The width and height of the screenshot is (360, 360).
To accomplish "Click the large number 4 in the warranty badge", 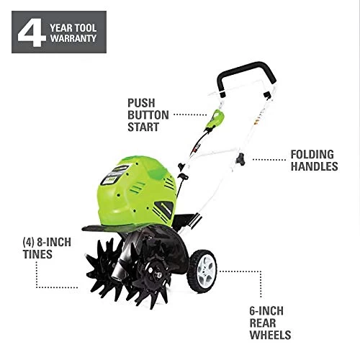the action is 32,32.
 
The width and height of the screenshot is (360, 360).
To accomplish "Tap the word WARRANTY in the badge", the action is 73,38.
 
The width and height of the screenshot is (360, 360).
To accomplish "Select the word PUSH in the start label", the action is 141,103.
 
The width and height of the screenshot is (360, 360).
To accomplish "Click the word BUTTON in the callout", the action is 148,115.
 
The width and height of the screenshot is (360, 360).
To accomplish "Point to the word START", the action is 143,127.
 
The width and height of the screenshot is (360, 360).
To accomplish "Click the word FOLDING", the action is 312,155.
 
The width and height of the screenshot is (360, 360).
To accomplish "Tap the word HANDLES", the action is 315,166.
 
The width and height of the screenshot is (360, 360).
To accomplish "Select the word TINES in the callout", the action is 37,254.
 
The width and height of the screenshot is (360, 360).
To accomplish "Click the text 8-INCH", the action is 54,243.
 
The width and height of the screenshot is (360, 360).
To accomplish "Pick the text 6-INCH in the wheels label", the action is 266,311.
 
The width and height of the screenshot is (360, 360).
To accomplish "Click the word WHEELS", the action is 270,335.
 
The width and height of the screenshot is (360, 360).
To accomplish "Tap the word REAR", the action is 263,323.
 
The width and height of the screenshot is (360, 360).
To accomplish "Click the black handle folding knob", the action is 240,159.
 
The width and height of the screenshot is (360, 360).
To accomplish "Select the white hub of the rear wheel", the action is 206,271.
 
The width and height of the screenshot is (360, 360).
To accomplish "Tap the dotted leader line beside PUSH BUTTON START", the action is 190,114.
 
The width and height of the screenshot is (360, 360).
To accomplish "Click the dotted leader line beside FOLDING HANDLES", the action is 269,159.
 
